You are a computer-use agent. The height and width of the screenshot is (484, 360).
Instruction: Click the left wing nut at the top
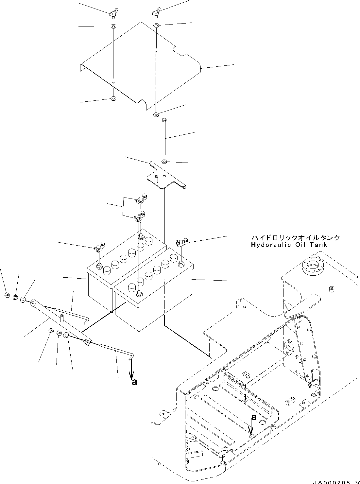click(x=112, y=13)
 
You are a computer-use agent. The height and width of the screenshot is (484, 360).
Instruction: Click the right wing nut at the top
click(x=156, y=12)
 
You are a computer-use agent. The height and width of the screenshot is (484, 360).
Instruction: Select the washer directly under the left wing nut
click(x=113, y=26)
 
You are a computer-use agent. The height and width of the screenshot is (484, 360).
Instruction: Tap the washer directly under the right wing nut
click(x=157, y=26)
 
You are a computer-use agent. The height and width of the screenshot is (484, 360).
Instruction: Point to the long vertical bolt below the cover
click(x=164, y=137)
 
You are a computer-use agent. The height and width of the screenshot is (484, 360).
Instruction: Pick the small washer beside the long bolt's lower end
click(x=164, y=161)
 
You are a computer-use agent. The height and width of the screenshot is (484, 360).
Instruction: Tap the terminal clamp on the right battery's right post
click(x=180, y=243)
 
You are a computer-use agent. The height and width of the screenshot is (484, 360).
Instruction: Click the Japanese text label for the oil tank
click(x=295, y=237)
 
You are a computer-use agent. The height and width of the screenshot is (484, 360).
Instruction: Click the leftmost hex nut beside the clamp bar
click(x=7, y=295)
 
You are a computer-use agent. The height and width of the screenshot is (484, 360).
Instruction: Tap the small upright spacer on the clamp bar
click(x=61, y=318)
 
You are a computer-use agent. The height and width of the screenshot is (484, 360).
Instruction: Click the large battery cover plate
click(x=141, y=65)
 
